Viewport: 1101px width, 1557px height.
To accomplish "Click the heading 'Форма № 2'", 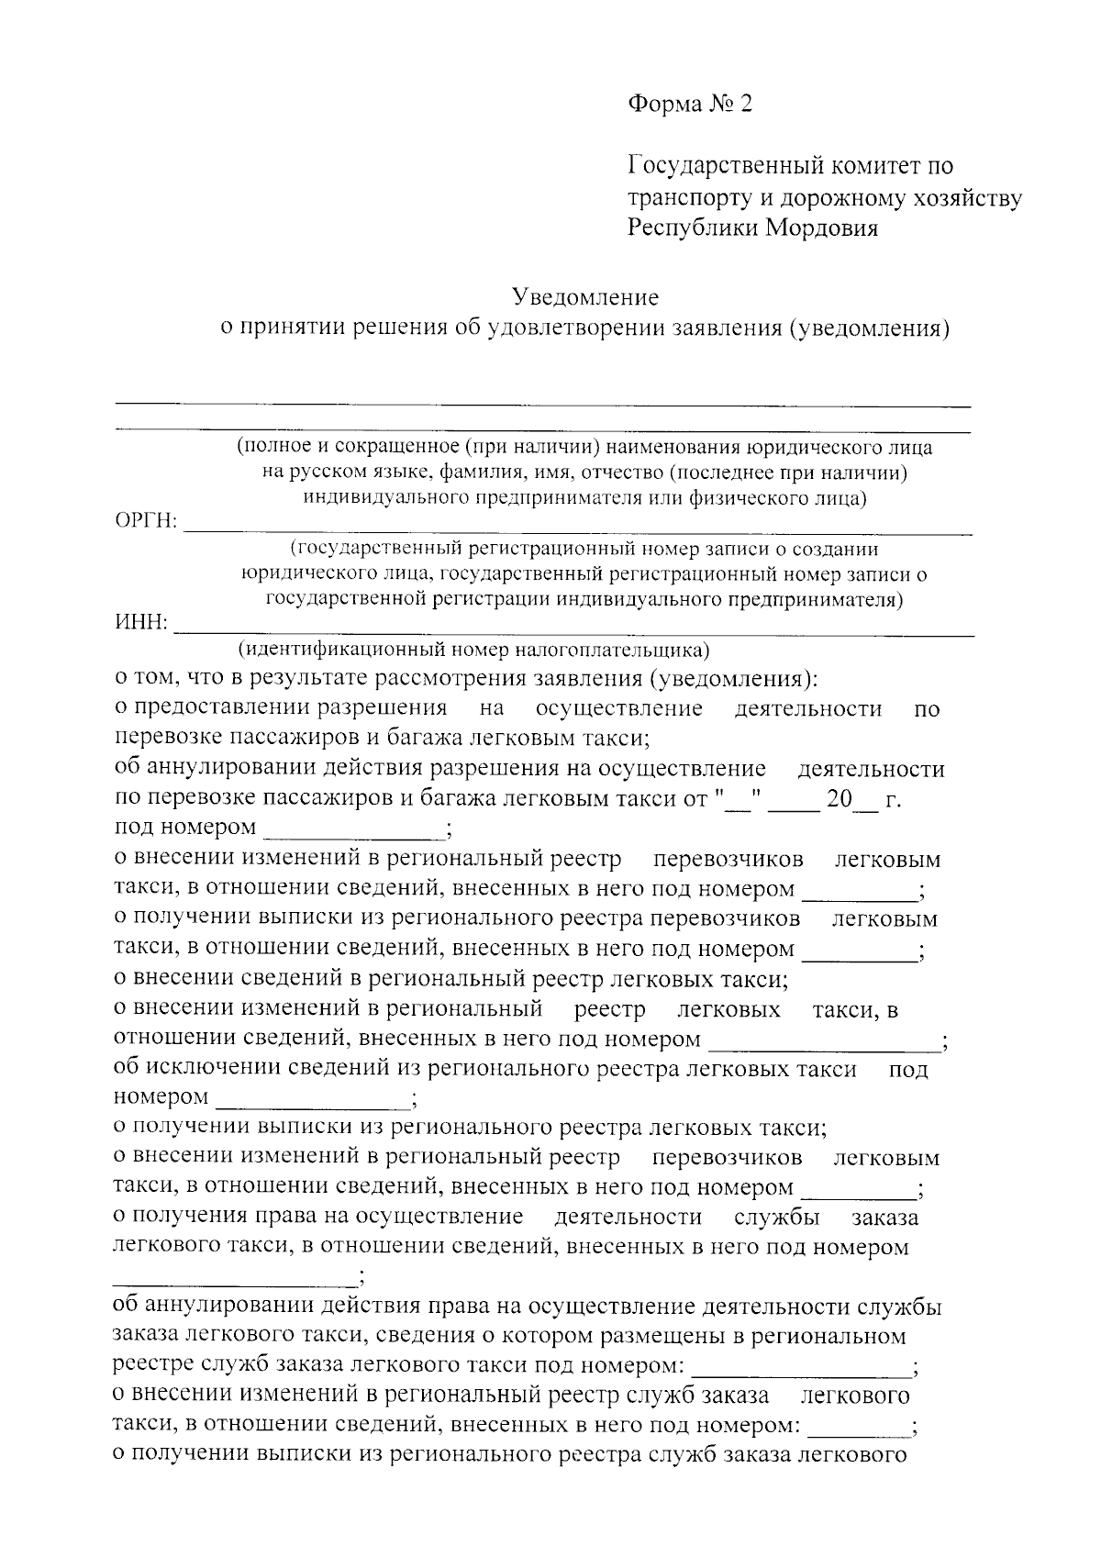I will pos(689,104).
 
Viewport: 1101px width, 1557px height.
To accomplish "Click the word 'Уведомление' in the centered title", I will pos(585,297).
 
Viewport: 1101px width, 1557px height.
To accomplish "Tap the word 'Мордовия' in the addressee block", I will pos(822,228).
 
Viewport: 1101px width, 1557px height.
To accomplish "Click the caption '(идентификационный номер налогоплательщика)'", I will pos(473,651).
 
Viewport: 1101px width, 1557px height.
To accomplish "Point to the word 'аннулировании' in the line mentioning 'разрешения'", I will pos(213,769).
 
